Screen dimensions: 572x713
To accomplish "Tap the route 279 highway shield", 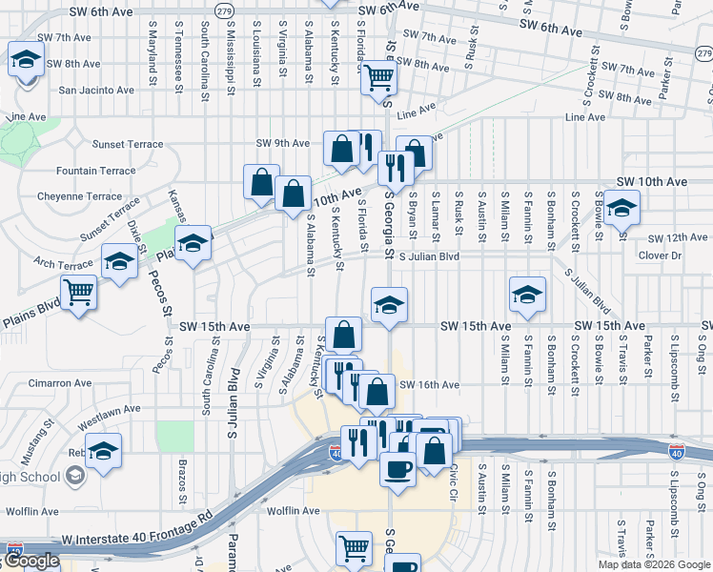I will (223, 10).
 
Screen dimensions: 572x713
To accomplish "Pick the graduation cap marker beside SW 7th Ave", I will (26, 58).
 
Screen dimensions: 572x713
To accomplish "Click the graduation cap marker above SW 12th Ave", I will (621, 207).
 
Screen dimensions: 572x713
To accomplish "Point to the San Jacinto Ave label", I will (96, 91).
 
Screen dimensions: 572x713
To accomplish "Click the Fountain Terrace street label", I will (95, 172).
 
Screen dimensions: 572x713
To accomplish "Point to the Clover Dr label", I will (660, 255).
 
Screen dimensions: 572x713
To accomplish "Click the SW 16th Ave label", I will (430, 385).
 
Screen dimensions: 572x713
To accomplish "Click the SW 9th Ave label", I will (282, 143).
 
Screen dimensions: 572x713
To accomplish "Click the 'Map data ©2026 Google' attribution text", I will (654, 564).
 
